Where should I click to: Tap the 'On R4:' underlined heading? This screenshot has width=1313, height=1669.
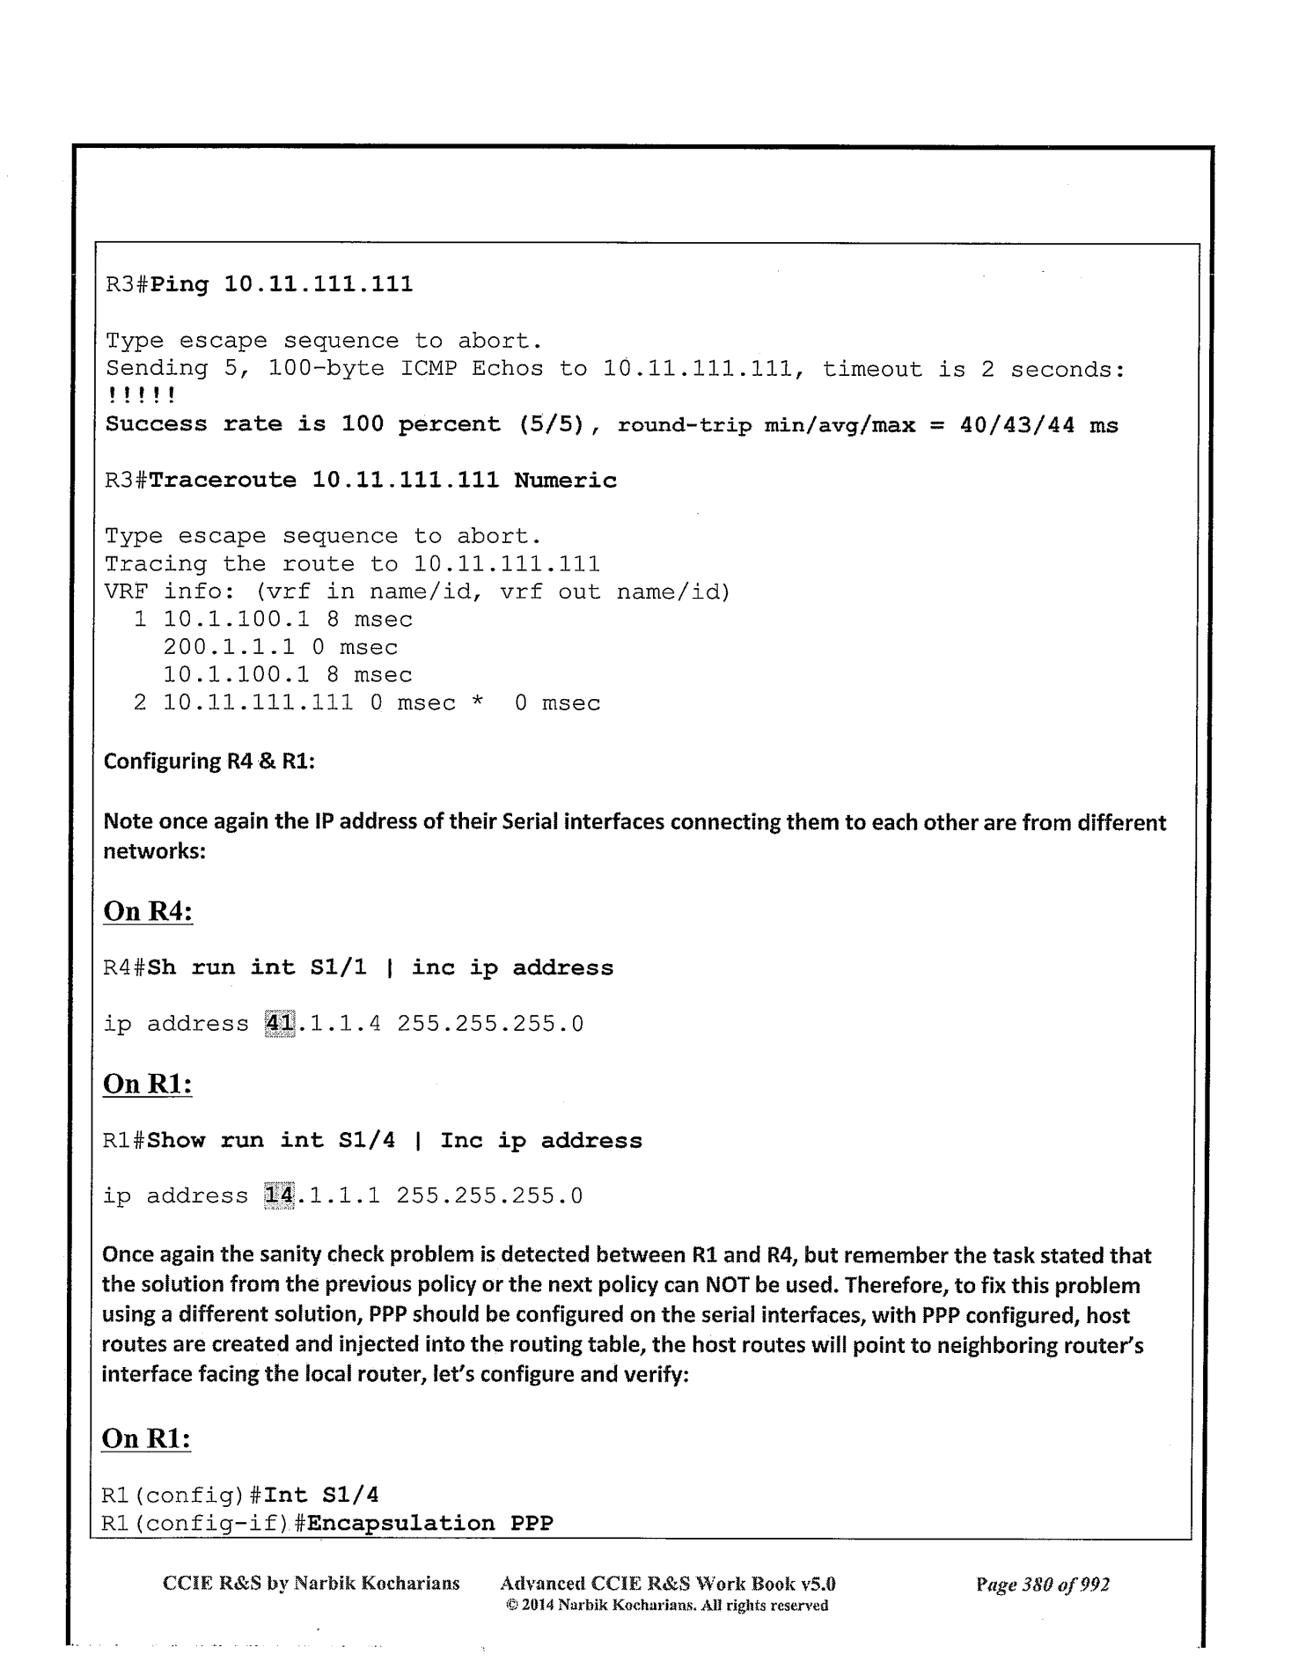coord(148,910)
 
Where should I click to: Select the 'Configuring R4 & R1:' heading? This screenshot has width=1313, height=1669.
coord(209,761)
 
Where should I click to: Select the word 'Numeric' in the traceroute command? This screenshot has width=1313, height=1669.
coord(565,481)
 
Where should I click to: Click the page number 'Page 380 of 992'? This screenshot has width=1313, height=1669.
coord(1042,1584)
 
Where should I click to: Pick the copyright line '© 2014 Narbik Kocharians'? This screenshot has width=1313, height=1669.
coord(668,1605)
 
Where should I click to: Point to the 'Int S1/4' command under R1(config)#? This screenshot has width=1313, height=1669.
coord(321,1495)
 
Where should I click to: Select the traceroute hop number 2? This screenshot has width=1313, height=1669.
coord(140,703)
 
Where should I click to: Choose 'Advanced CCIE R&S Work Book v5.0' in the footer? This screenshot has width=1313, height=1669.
coord(667,1584)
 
